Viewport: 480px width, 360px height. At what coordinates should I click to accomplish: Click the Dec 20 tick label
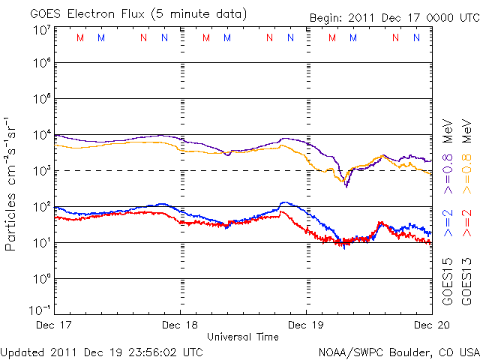[x=432, y=325]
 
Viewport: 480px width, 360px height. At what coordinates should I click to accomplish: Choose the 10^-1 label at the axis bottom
[x=41, y=309]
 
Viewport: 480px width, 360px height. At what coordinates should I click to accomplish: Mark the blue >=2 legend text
[x=448, y=223]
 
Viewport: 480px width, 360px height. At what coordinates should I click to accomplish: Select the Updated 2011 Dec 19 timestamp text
[x=102, y=351]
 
